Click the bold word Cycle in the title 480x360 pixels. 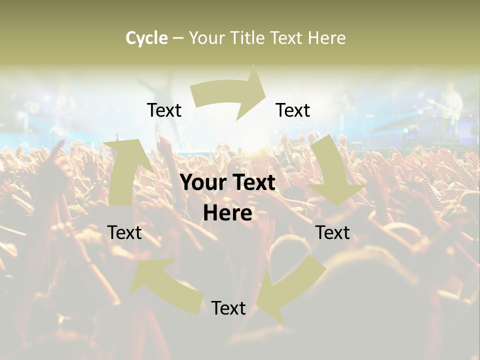point(146,38)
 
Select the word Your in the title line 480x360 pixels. point(206,38)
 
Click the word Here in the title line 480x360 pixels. point(326,38)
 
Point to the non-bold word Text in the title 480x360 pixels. point(288,38)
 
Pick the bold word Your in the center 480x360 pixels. point(203,183)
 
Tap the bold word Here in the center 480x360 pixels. point(227,213)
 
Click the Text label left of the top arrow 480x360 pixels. point(164,110)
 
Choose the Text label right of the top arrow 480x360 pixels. point(293,110)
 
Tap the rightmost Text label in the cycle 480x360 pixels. point(332,232)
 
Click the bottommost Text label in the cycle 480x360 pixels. point(228,308)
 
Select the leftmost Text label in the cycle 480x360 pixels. point(124,232)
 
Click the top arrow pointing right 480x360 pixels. point(230,95)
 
